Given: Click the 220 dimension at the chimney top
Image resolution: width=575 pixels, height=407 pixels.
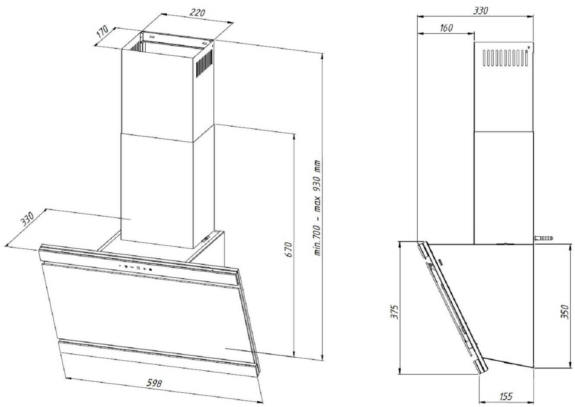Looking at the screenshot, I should tap(197, 13).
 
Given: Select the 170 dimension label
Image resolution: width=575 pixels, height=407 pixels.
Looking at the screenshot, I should tap(103, 32).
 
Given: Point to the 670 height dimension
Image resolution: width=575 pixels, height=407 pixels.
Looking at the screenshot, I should tap(289, 250).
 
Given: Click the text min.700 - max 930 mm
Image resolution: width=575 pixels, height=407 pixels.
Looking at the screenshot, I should tap(318, 208).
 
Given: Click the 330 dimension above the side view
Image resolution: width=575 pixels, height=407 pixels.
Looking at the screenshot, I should tap(480, 10).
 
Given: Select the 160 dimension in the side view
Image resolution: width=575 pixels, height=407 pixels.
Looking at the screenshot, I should tap(446, 27).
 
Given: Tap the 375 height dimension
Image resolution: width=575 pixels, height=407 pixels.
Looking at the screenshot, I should tap(393, 312).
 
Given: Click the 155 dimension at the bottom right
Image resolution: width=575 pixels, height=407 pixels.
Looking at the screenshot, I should tap(506, 396).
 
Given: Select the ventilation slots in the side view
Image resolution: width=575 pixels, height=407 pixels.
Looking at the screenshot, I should tap(505, 58).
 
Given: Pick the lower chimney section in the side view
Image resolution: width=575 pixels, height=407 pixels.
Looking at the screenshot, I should tap(504, 186).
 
